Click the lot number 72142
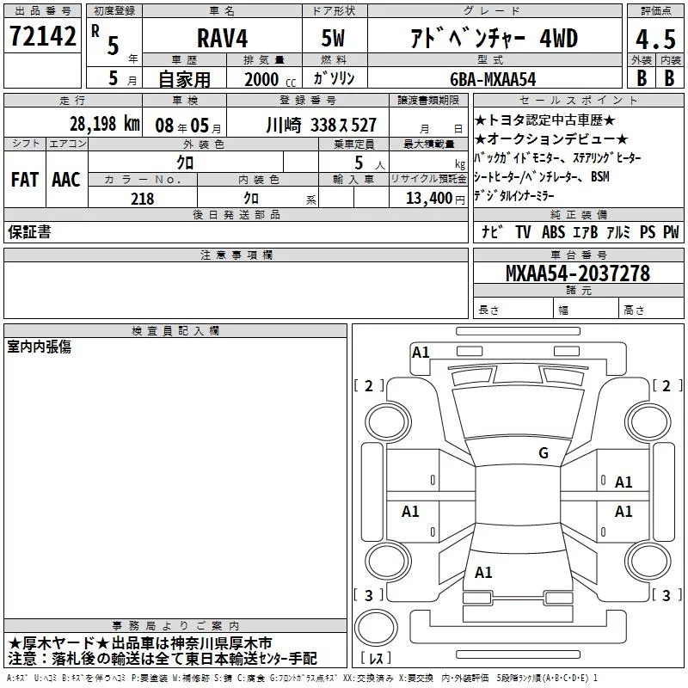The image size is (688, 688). pos(43,36)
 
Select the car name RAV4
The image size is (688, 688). pos(223,38)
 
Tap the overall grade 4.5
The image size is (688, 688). pos(655,39)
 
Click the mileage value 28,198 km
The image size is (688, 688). pos(104,124)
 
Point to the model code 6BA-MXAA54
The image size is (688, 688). pos(493,79)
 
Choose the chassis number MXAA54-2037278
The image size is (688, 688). pos(578,273)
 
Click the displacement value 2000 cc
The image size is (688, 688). pos(270,79)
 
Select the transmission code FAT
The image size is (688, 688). pos(25,180)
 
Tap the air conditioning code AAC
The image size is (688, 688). pos(66,180)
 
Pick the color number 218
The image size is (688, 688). pos(143,199)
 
